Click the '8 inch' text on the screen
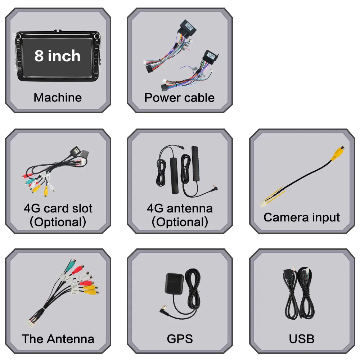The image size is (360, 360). [x=58, y=56]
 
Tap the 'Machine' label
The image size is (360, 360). [x=58, y=97]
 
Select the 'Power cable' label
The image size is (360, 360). [x=179, y=97]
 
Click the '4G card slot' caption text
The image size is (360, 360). [x=58, y=208]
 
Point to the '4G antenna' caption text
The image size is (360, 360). [x=180, y=208]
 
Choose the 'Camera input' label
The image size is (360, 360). [x=302, y=217]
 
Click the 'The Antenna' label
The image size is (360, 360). [x=58, y=338]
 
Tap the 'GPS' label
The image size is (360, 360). [x=180, y=338]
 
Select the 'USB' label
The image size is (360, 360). [x=302, y=338]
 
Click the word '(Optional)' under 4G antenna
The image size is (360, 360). [x=180, y=222]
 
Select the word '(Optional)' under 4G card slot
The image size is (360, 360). [x=58, y=222]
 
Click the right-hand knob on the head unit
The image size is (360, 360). [x=96, y=36]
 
